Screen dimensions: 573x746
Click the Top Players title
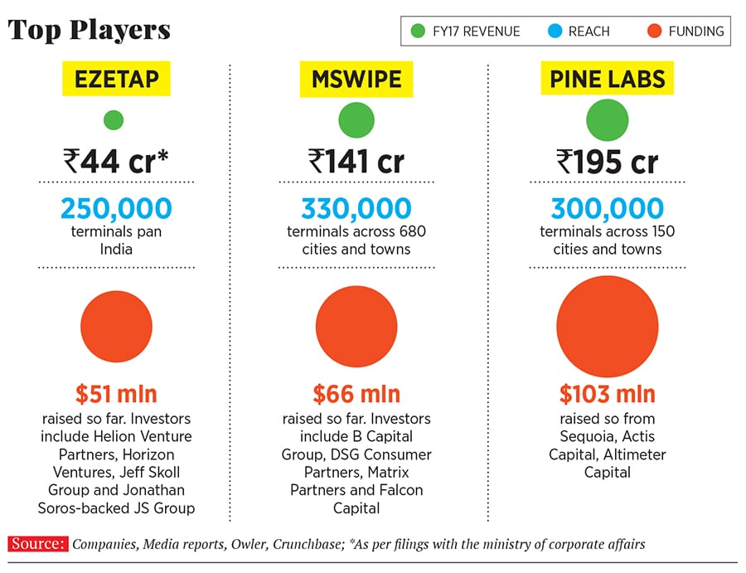pyautogui.click(x=90, y=31)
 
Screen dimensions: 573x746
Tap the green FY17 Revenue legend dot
pyautogui.click(x=418, y=32)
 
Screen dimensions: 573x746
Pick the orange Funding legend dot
pyautogui.click(x=655, y=32)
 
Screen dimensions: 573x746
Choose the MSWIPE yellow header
pyautogui.click(x=356, y=80)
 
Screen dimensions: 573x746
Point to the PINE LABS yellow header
pyautogui.click(x=608, y=80)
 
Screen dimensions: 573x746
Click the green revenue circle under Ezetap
pyautogui.click(x=114, y=120)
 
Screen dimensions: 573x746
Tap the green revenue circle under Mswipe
pyautogui.click(x=356, y=120)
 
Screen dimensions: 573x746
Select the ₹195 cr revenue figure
pyautogui.click(x=608, y=161)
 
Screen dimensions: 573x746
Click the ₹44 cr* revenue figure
pyautogui.click(x=116, y=161)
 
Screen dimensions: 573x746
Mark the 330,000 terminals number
pyautogui.click(x=356, y=208)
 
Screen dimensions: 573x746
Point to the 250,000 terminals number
pyautogui.click(x=116, y=208)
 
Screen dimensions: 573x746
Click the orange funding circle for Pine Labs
pyautogui.click(x=608, y=327)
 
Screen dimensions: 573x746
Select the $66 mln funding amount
pyautogui.click(x=356, y=393)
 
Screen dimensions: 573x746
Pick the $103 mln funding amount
pyautogui.click(x=608, y=393)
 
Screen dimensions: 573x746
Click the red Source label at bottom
pyautogui.click(x=37, y=544)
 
